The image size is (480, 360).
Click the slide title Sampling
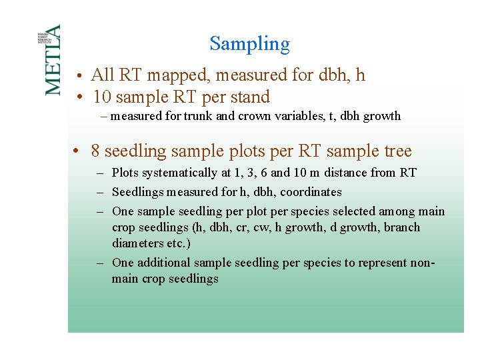249,44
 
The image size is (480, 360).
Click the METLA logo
52,60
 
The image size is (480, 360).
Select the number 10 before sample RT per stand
102,97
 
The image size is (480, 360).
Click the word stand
250,97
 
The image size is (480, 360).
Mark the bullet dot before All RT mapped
79,75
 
